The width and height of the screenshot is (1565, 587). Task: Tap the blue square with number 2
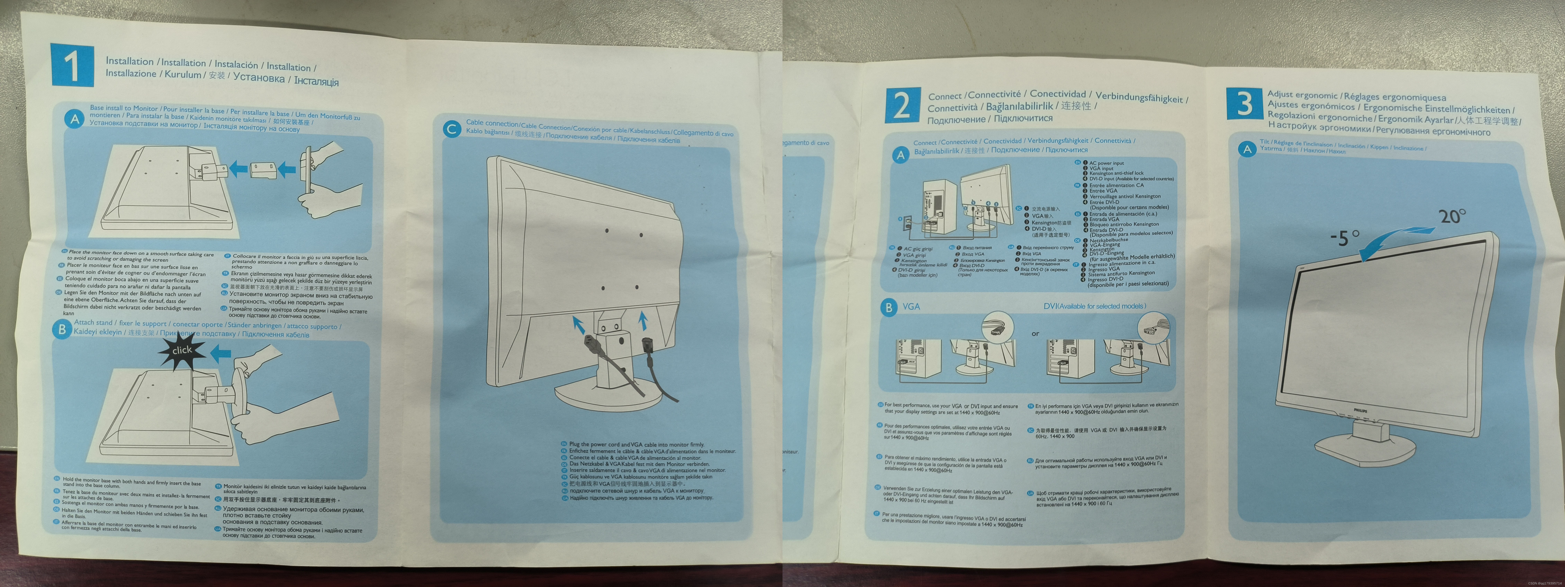[902, 105]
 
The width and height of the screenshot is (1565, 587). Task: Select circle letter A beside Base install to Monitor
[75, 119]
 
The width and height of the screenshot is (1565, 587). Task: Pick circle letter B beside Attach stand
[61, 329]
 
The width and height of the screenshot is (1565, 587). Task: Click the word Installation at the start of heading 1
[129, 61]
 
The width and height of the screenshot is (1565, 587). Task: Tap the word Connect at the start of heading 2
[945, 96]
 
